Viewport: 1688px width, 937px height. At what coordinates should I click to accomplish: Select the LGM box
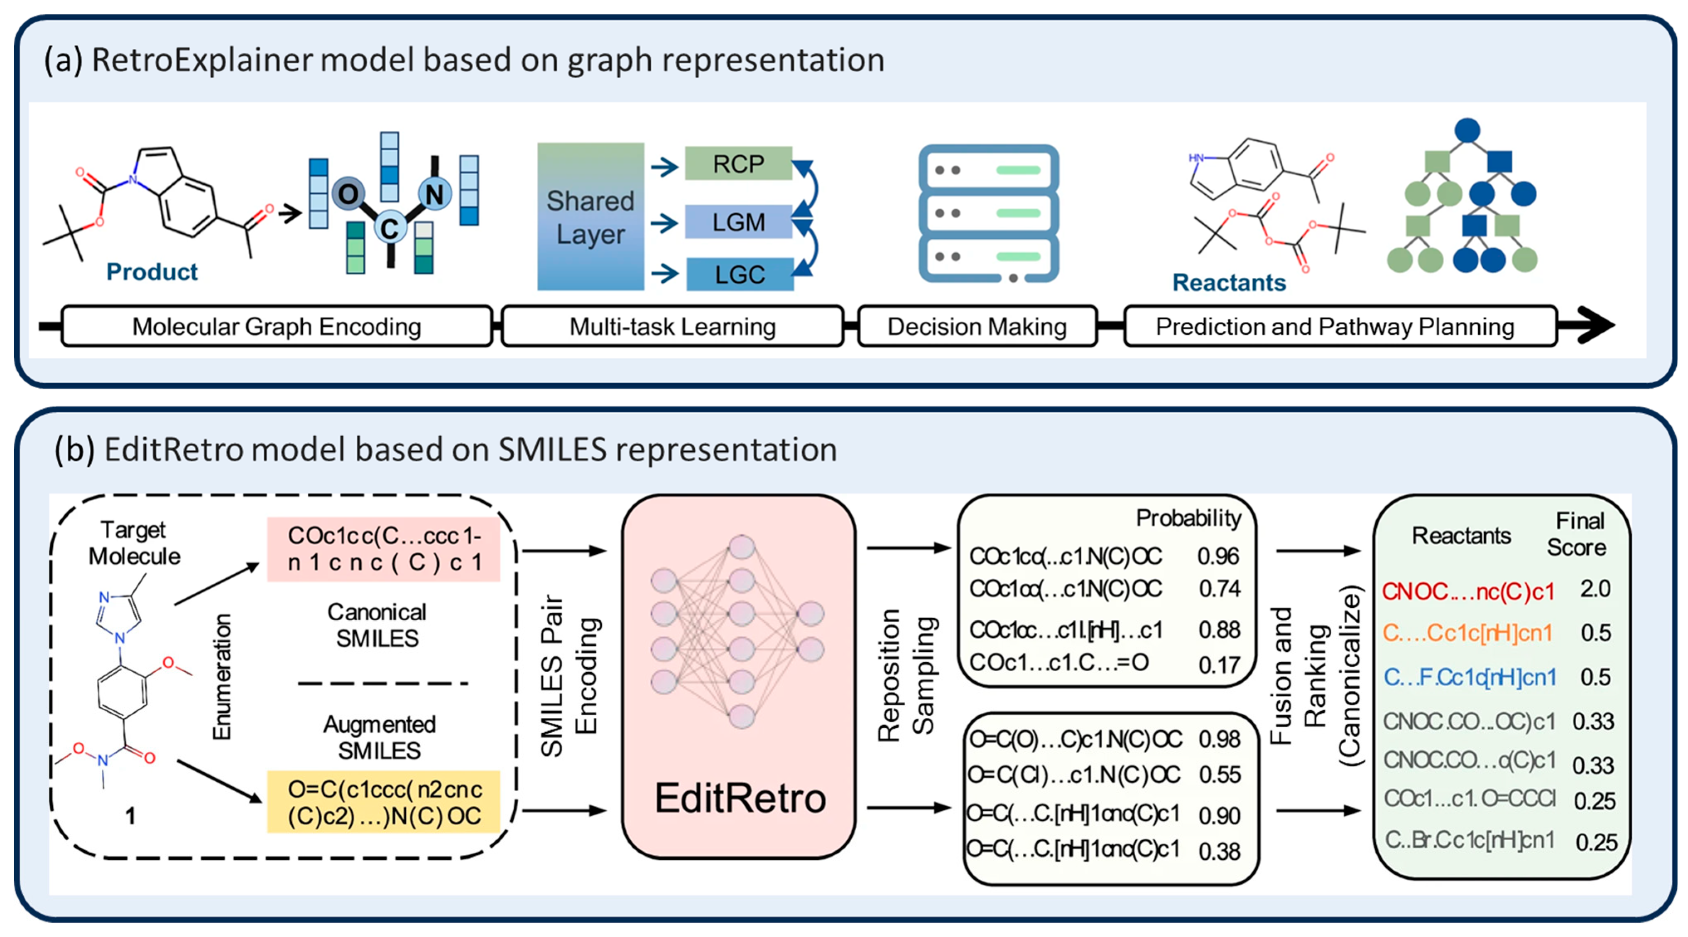point(738,222)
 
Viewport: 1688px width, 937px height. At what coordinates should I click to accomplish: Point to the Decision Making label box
point(976,326)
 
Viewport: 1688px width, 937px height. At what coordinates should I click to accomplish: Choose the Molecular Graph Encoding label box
point(277,326)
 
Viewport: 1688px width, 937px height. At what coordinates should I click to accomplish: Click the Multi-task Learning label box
point(672,326)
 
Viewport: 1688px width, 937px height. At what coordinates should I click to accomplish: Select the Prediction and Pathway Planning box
point(1335,326)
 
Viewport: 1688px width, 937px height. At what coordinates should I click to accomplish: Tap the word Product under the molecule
point(152,271)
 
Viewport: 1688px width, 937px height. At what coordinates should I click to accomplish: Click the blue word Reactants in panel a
point(1229,282)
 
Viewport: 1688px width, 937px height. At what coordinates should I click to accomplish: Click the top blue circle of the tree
point(1467,130)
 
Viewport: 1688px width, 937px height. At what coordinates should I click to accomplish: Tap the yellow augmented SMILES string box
point(384,802)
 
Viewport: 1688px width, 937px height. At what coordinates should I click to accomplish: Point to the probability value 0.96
point(1218,556)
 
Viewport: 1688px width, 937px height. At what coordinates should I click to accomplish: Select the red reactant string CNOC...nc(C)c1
point(1468,592)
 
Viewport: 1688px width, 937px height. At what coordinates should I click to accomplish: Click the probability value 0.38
point(1219,851)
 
